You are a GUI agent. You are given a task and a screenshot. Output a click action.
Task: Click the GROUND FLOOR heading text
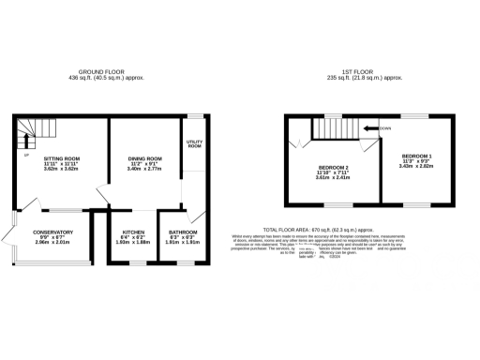click(x=104, y=71)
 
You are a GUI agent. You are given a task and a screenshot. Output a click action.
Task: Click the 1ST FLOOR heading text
click(x=359, y=71)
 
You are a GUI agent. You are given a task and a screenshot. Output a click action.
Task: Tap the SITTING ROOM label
click(x=62, y=159)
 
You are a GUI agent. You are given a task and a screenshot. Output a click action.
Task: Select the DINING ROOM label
click(x=146, y=159)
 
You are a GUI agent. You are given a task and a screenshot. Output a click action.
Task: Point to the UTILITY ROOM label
click(x=195, y=143)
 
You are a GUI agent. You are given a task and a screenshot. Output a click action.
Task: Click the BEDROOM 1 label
click(x=417, y=155)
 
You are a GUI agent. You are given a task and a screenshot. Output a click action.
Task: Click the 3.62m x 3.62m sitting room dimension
click(x=62, y=171)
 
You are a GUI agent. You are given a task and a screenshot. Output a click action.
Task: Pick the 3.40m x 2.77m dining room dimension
click(x=146, y=171)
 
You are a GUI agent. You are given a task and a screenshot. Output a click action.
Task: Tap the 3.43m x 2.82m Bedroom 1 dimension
click(x=417, y=166)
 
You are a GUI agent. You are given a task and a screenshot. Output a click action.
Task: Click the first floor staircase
click(x=334, y=128)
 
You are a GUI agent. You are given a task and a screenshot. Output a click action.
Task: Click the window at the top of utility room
click(x=195, y=116)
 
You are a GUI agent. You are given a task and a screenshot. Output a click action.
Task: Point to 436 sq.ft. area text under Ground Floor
click(x=104, y=78)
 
